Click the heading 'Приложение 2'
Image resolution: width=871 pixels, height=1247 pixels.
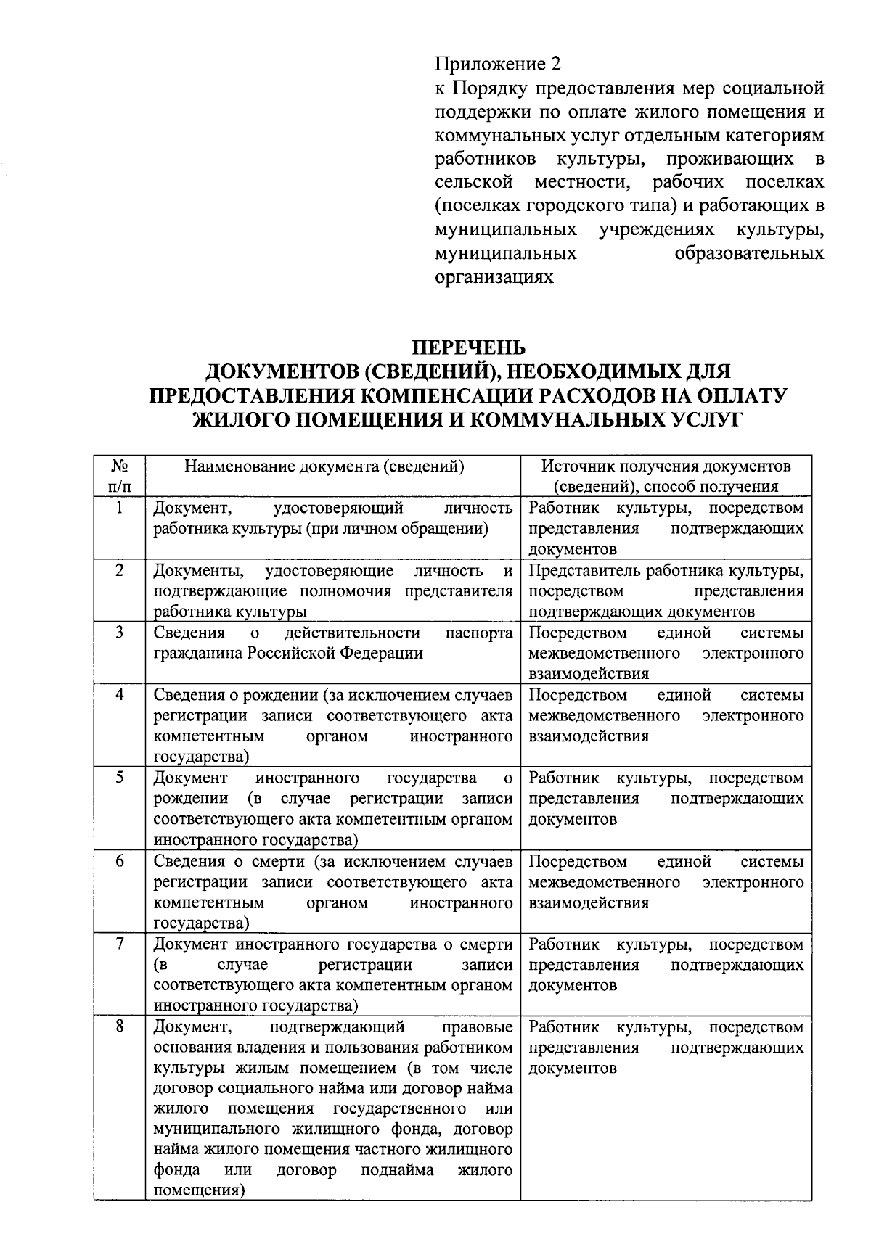pyautogui.click(x=497, y=65)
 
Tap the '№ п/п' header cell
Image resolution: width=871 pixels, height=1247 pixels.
pyautogui.click(x=119, y=476)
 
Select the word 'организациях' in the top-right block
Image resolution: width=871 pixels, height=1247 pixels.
pyautogui.click(x=494, y=277)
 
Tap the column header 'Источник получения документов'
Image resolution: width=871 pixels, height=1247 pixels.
pyautogui.click(x=666, y=466)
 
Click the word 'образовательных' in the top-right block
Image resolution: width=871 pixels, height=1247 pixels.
pyautogui.click(x=749, y=254)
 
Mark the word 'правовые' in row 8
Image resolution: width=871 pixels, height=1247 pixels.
pyautogui.click(x=477, y=1027)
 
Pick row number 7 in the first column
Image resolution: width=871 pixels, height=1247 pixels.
pyautogui.click(x=119, y=944)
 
